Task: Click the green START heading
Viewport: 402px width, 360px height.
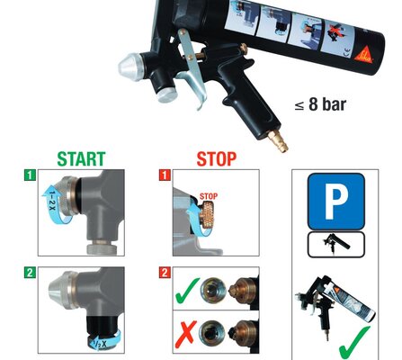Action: pos(81,159)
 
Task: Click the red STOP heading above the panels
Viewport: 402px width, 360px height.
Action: pos(217,159)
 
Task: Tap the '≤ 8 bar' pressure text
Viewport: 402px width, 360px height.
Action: pos(320,104)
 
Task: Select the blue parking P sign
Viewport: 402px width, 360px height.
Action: pos(336,202)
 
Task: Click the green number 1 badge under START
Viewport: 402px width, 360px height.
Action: pos(30,175)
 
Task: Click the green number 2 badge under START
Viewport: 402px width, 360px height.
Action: pos(30,273)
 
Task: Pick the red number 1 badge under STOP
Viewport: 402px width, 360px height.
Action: pos(165,175)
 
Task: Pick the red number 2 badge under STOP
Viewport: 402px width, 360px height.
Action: pos(165,273)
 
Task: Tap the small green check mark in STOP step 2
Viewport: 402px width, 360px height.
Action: pos(186,290)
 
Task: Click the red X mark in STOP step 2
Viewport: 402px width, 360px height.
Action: pos(186,334)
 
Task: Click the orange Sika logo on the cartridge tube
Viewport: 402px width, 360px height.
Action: pos(364,55)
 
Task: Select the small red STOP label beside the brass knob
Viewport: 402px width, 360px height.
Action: pos(209,196)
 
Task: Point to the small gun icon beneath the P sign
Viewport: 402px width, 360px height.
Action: pos(336,244)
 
